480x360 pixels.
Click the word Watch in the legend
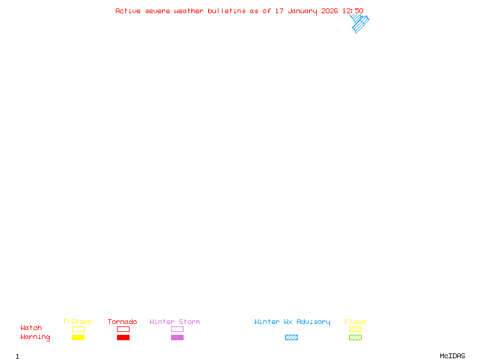[x=31, y=328]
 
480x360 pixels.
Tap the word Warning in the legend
[x=35, y=337]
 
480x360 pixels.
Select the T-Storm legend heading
[x=77, y=322]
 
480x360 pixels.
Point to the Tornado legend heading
[x=122, y=322]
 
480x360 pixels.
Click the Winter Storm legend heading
[x=175, y=322]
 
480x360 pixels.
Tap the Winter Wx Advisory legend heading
[x=292, y=322]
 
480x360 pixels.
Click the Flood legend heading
[x=355, y=322]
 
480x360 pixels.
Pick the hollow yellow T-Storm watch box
[x=78, y=329]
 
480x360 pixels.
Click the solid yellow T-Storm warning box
[x=78, y=337]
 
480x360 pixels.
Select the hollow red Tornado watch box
[x=123, y=329]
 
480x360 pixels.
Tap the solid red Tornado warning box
[x=123, y=337]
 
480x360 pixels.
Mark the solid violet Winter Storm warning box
[x=177, y=337]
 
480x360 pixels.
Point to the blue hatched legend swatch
[x=291, y=337]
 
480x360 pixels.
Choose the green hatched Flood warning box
[x=355, y=337]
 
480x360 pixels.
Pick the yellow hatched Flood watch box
[x=355, y=329]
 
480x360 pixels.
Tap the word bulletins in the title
[x=227, y=11]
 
